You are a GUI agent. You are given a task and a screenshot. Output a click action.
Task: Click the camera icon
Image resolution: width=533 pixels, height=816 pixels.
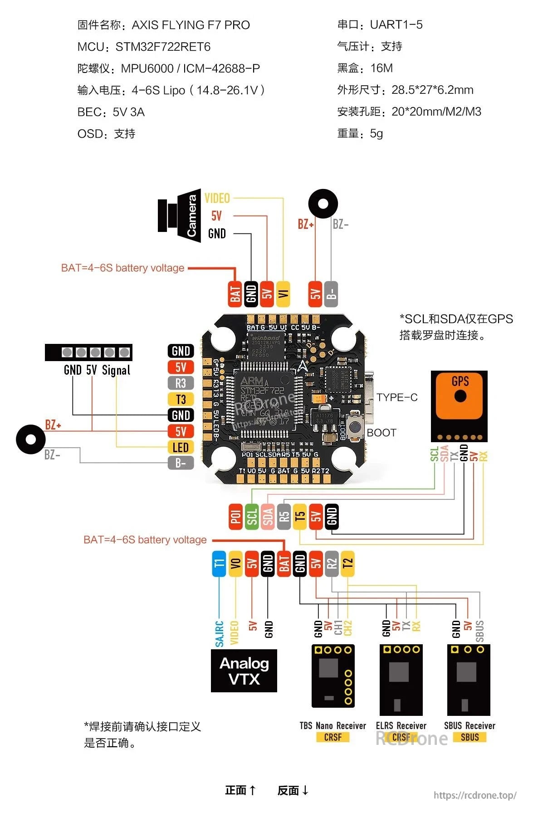click(x=180, y=216)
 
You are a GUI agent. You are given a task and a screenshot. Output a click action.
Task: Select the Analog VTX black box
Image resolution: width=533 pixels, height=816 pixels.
click(x=244, y=671)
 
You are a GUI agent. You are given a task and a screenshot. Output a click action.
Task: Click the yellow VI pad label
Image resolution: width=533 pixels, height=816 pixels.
click(x=283, y=294)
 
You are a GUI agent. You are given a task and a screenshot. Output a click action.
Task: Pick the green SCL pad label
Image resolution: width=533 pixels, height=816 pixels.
click(x=252, y=517)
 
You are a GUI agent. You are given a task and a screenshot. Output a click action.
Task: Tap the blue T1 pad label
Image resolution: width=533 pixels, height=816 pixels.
click(x=219, y=564)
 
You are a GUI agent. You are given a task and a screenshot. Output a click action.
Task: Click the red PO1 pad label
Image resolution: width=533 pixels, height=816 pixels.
click(x=235, y=517)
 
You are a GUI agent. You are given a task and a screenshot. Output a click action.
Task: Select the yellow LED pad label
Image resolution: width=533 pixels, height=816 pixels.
click(x=181, y=447)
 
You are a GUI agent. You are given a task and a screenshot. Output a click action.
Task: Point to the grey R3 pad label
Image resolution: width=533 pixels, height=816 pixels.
click(x=181, y=383)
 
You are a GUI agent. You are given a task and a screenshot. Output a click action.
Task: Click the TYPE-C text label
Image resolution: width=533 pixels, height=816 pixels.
click(x=397, y=397)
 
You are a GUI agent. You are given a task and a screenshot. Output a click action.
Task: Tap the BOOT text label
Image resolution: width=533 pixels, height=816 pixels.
click(x=381, y=433)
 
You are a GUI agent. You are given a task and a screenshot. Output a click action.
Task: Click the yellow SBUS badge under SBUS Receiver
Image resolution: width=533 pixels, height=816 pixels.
click(x=469, y=737)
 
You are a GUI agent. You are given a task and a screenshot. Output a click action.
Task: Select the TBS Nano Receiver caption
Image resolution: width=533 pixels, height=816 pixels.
click(x=333, y=725)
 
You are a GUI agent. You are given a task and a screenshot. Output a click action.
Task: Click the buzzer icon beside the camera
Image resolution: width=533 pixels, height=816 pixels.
click(x=323, y=204)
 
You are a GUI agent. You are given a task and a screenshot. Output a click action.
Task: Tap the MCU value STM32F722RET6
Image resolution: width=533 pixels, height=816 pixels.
click(x=163, y=47)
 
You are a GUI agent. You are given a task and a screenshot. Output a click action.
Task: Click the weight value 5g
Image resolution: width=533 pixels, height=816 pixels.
click(x=377, y=133)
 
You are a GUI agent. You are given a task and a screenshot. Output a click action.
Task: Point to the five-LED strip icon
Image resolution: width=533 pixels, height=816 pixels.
click(x=89, y=352)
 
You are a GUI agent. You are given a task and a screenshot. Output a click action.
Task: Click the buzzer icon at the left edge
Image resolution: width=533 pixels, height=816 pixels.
click(x=31, y=439)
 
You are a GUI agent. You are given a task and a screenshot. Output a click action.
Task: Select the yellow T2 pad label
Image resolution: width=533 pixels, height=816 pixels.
click(x=347, y=564)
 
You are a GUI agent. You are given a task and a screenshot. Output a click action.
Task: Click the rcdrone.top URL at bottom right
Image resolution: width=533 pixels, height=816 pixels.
click(x=474, y=795)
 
